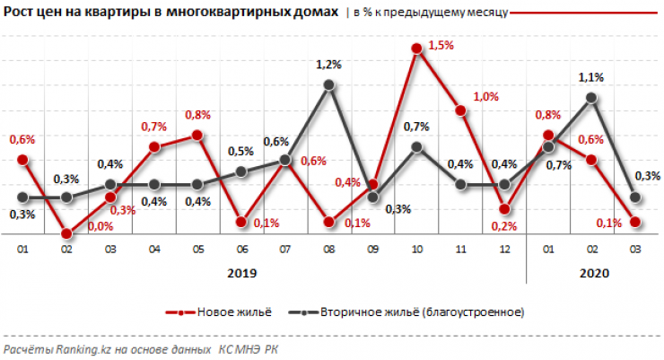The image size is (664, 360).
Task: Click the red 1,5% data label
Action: point(441,44)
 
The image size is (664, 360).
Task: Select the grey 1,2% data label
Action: point(329,65)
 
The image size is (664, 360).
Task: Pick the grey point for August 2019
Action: point(329,84)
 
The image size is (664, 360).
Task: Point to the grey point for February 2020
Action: point(591,97)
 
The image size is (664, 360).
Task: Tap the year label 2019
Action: point(241,273)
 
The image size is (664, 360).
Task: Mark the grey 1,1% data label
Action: point(590,77)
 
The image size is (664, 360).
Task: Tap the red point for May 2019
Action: point(197,135)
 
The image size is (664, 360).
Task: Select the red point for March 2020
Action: point(635,222)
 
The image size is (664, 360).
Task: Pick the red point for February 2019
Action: point(66,234)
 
